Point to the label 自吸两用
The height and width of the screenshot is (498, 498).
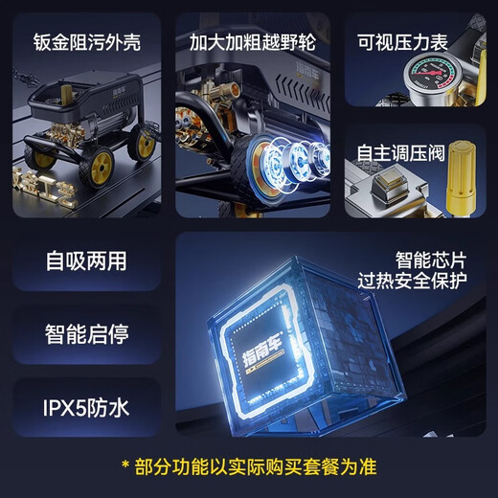click(86, 260)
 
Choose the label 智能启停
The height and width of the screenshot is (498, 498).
click(86, 334)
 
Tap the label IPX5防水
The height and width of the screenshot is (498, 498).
click(86, 409)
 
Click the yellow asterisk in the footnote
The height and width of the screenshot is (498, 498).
click(124, 467)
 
